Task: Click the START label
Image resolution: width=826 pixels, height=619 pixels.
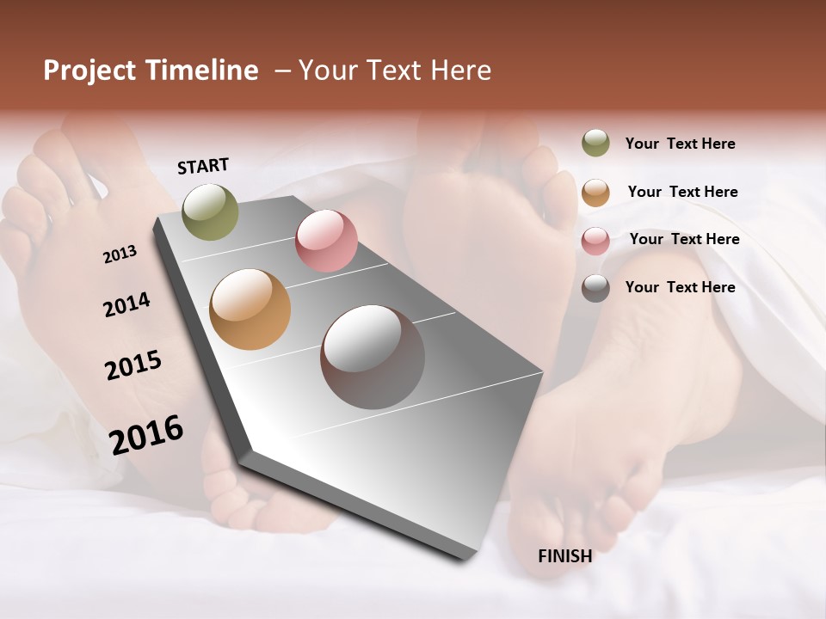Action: coord(203,166)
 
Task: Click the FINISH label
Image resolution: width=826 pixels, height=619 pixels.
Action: coord(564,556)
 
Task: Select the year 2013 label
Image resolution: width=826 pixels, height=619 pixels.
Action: coord(120,254)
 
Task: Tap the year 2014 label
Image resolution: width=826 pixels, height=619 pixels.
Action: coord(126,304)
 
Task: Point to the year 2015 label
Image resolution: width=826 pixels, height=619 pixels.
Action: coord(133,365)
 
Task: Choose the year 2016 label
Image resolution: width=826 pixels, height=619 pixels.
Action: coord(146,435)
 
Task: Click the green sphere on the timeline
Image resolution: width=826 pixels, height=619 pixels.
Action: coord(210,211)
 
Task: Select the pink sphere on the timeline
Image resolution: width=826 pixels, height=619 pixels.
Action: coord(326,240)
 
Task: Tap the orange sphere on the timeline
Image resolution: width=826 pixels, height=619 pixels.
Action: coord(250,309)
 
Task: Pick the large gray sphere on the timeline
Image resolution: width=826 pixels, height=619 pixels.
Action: coord(373,357)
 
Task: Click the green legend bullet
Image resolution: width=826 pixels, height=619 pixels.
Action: coord(595,144)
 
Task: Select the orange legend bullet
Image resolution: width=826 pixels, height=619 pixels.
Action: coord(595,192)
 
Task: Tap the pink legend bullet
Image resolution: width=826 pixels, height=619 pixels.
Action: coord(595,240)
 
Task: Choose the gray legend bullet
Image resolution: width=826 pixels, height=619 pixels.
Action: coord(595,287)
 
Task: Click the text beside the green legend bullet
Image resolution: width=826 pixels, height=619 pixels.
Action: coord(680,144)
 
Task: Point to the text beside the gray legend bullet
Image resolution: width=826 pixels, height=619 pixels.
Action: coord(680,287)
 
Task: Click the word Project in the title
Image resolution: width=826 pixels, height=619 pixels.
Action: coord(89,70)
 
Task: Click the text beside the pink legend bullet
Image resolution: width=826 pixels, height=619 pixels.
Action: coord(684,239)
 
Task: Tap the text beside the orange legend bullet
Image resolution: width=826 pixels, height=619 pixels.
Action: coord(682,192)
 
